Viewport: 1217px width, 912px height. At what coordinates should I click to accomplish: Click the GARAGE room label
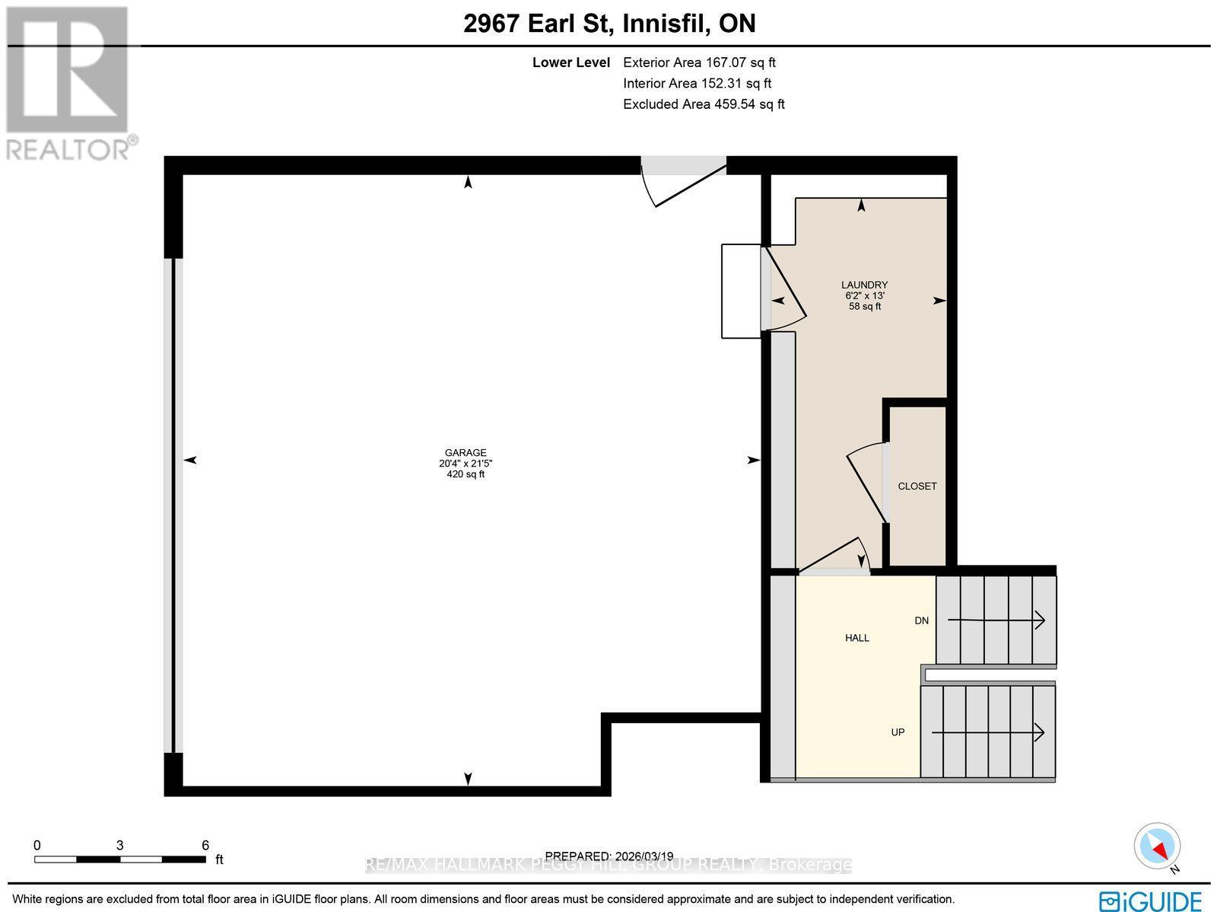(466, 452)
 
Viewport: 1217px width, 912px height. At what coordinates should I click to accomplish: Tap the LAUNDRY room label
(864, 285)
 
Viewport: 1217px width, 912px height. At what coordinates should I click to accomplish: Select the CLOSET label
(917, 486)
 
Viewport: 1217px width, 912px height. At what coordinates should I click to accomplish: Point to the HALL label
(857, 638)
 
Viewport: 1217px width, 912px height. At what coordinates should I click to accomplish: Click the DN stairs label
(921, 620)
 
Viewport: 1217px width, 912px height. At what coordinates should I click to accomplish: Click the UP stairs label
(898, 732)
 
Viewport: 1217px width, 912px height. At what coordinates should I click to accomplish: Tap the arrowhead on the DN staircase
(1040, 620)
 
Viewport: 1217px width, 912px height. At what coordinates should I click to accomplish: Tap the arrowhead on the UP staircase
(1039, 732)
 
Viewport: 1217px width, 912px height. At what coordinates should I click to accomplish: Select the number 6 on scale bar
(205, 845)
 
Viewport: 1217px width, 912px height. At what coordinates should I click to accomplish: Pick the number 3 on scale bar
(120, 845)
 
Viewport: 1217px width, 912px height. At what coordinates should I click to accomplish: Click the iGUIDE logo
(1151, 900)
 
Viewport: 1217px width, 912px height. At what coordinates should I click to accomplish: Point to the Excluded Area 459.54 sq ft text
(704, 104)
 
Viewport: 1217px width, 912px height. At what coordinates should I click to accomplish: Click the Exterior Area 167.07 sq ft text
(699, 63)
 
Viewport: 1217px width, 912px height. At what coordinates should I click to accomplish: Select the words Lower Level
(570, 63)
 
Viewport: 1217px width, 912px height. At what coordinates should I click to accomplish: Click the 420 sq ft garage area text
(466, 474)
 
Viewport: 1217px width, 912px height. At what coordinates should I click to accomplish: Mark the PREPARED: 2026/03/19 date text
(609, 856)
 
